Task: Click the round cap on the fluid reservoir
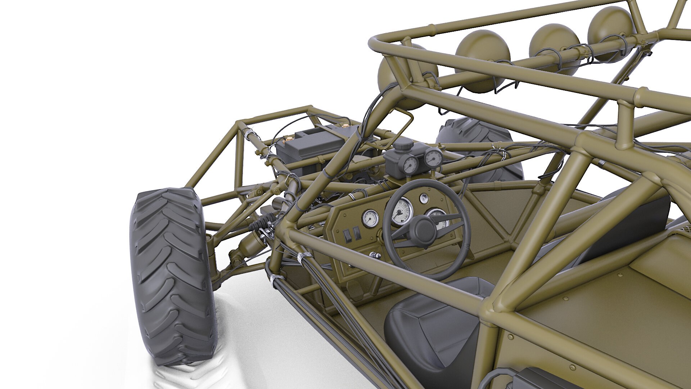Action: coord(403,146)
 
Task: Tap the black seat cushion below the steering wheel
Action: coord(432,324)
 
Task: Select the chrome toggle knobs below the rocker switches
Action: coord(375,255)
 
